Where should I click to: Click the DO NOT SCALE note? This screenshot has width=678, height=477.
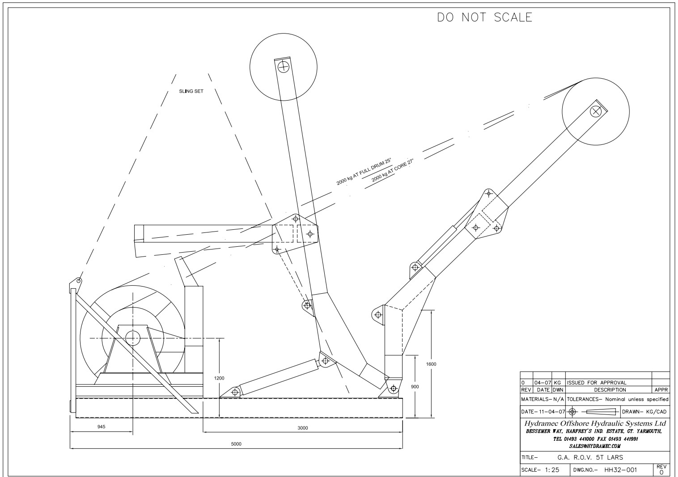485,17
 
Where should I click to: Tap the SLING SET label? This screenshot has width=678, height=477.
191,91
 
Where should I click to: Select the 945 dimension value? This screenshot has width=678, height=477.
102,427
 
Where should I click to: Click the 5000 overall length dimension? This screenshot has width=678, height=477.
236,444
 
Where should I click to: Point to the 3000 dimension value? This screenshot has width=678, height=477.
303,428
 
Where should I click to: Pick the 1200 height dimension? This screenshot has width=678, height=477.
219,378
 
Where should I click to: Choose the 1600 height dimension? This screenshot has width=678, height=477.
431,364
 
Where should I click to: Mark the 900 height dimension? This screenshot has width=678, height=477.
415,386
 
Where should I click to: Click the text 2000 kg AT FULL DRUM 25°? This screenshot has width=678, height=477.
364,172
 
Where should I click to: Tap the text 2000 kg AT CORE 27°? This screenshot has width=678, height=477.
393,171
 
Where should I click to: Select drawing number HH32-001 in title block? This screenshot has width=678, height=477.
621,470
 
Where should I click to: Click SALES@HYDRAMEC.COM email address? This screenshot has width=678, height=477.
595,446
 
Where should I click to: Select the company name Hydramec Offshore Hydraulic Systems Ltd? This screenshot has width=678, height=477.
595,423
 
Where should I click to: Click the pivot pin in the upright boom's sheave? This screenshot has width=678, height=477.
284,68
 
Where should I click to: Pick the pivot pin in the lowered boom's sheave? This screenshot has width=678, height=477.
595,111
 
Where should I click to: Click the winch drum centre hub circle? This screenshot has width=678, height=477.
133,338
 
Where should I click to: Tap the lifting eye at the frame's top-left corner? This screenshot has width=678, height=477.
79,281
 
